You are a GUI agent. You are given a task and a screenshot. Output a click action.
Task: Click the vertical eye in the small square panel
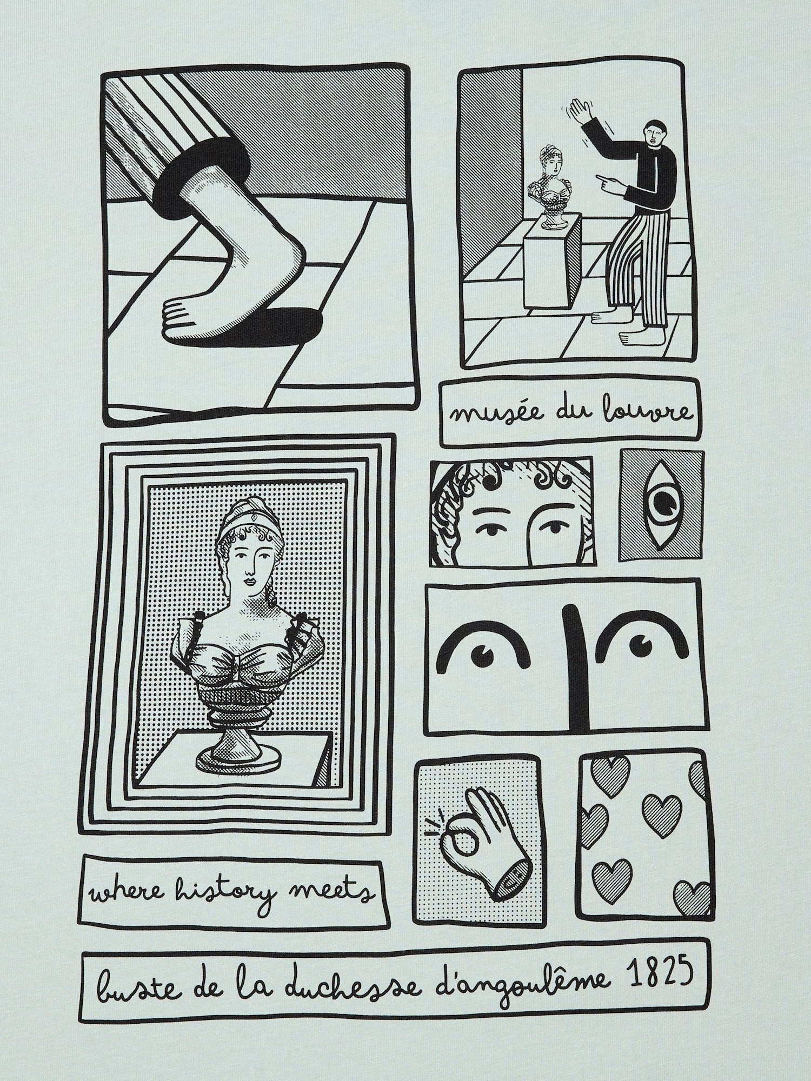(x=662, y=508)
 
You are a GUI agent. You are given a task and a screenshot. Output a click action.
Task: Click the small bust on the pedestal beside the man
(x=550, y=189)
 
